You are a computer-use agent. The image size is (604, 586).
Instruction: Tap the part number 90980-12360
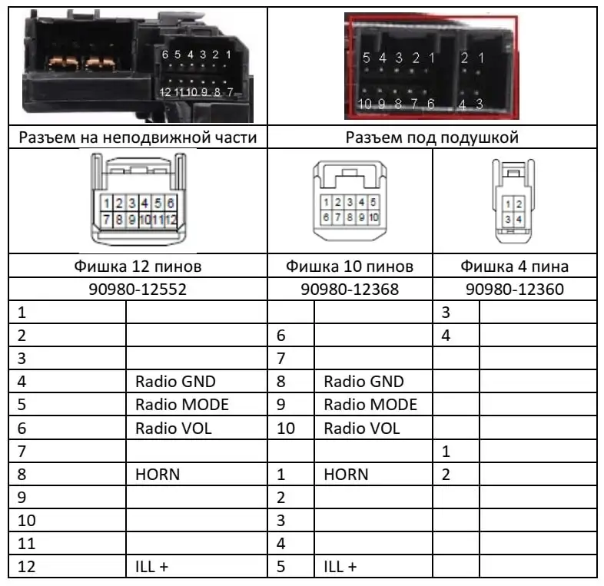click(514, 290)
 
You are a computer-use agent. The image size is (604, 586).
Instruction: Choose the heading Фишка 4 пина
click(514, 267)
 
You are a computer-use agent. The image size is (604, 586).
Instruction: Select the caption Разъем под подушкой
click(433, 137)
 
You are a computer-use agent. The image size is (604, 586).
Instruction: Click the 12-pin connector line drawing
click(136, 200)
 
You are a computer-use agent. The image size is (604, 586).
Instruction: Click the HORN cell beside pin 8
click(158, 474)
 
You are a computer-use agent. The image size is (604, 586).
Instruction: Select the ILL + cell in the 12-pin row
click(151, 567)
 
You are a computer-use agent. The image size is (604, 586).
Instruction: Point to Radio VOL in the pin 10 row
click(362, 428)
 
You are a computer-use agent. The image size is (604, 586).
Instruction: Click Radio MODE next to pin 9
click(370, 405)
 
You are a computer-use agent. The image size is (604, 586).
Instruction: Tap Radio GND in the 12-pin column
click(175, 382)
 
